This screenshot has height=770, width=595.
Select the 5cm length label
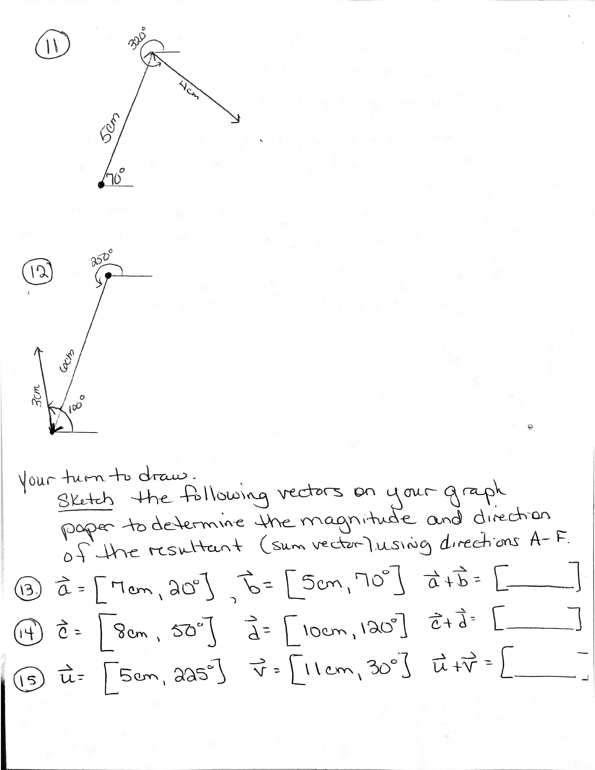(111, 128)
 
